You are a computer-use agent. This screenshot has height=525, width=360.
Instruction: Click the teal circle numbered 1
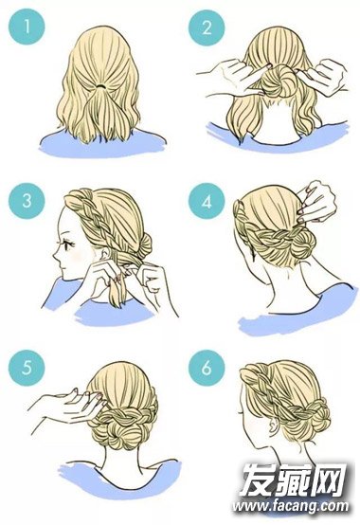(27, 27)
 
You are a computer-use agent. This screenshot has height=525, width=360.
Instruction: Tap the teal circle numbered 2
(207, 27)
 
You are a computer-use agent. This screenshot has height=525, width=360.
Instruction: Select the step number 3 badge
(27, 201)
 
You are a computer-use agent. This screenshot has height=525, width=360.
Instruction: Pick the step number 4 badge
(207, 201)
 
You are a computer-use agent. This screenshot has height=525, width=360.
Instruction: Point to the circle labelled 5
(27, 368)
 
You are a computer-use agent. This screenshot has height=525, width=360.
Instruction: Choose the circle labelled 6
(207, 368)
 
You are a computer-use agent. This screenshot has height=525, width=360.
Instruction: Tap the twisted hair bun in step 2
(279, 81)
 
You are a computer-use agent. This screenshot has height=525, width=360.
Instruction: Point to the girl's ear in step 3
(107, 256)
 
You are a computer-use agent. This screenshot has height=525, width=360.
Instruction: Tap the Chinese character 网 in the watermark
(331, 480)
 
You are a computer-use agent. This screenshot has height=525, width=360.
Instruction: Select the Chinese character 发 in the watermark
(258, 480)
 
